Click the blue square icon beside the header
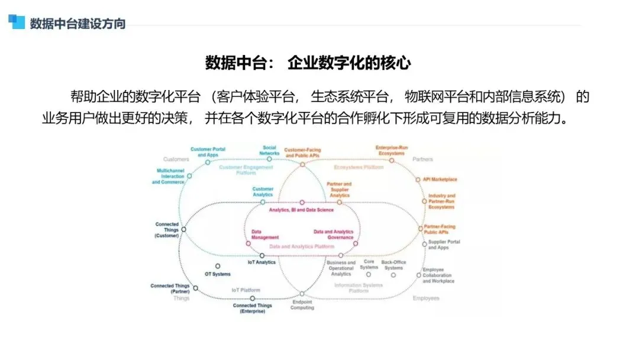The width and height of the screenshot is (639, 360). pos(16,21)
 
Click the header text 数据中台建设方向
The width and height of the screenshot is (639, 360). pos(78,24)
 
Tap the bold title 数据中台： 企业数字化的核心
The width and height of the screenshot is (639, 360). pos(308,63)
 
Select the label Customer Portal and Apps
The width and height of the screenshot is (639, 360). pos(205,152)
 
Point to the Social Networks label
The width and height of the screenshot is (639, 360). pos(269,150)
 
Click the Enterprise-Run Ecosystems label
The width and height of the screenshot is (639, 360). pos(391,150)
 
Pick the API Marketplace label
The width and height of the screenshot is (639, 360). pos(440,179)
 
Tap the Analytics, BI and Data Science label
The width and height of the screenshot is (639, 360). pos(301,210)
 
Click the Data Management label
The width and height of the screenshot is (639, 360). pos(264,234)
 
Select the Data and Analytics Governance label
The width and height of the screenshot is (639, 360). pos(334,234)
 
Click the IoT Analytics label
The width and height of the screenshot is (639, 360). pos(262,262)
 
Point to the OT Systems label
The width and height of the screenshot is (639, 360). pos(218,274)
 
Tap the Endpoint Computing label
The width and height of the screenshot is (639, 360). pos(302,304)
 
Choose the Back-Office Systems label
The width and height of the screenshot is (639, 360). pos(393,265)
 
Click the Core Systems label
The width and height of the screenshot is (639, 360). pos(369,265)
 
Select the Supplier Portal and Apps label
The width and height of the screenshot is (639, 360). pos(444,245)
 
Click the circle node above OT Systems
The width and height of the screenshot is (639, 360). pos(218,266)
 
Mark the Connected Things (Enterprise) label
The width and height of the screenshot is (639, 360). pos(253,308)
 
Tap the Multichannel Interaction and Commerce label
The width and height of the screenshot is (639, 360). pos(169,176)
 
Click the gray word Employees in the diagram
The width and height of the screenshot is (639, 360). pos(426,298)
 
